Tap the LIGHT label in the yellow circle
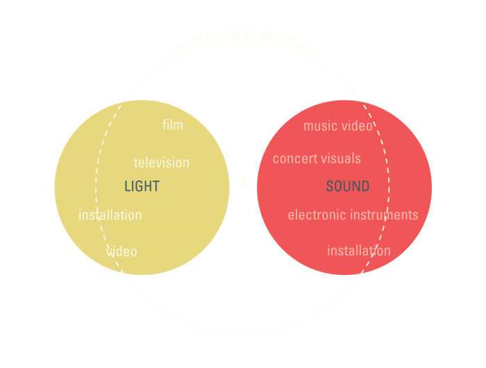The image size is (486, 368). click(142, 186)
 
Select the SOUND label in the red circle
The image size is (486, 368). click(348, 187)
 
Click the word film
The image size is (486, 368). click(172, 125)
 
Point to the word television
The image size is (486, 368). click(161, 162)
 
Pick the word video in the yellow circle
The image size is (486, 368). click(122, 251)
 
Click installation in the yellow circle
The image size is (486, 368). click(110, 215)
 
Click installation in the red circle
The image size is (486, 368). click(358, 251)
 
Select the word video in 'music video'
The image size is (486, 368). click(358, 126)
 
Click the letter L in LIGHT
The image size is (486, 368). click(128, 186)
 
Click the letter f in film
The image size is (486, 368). click(165, 125)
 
